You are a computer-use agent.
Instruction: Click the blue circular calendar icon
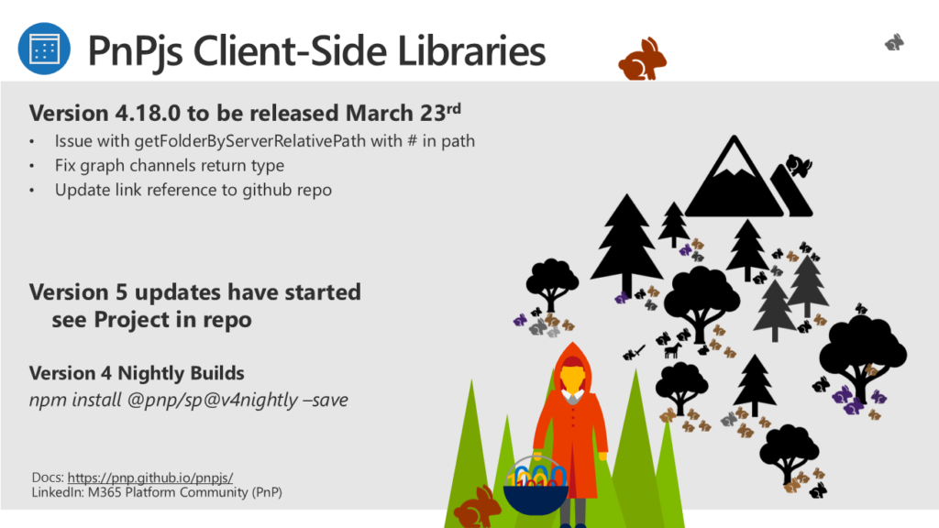coord(44,49)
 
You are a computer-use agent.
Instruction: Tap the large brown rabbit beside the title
coord(642,59)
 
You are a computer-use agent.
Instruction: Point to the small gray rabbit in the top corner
coord(895,42)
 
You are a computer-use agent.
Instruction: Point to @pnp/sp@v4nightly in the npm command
coord(212,400)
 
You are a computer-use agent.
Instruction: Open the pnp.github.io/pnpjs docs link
coord(150,478)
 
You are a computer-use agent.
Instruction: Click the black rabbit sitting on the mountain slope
coord(798,165)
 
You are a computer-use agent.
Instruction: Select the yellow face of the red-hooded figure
coord(572,379)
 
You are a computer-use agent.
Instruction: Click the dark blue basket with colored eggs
coord(536,486)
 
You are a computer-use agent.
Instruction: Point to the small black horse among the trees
coord(673,349)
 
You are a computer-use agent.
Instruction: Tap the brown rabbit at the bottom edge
coord(476,508)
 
